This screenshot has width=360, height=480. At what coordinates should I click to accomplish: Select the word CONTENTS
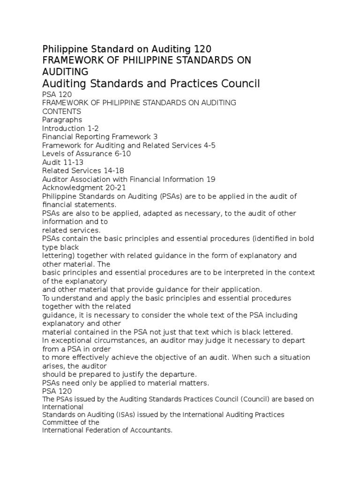click(x=61, y=111)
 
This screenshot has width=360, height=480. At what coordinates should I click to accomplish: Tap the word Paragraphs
click(x=62, y=120)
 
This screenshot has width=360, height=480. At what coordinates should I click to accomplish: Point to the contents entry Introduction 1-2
click(x=70, y=128)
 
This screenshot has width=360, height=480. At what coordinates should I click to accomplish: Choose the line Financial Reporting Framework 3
click(x=100, y=136)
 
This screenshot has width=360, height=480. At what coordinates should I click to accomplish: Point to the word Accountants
click(x=151, y=430)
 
